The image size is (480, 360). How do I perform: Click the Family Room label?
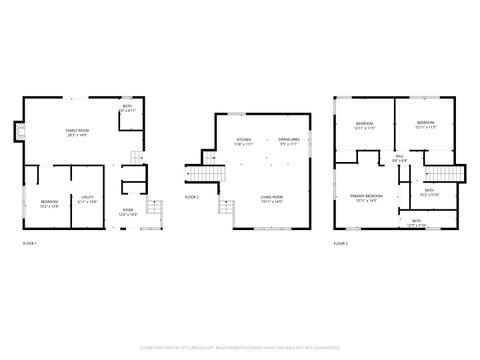tap(75, 130)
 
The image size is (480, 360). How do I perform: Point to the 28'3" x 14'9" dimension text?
tap(75, 136)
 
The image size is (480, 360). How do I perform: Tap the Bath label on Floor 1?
tap(127, 106)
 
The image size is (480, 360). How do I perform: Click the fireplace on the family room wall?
tap(16, 132)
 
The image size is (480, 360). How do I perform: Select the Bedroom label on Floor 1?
tap(50, 203)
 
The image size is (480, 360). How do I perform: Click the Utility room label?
tap(88, 198)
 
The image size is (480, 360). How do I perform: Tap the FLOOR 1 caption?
tap(31, 244)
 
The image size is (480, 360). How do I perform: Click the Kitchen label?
tap(244, 139)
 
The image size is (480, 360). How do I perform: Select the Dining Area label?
tap(290, 139)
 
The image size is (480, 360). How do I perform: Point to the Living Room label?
tap(272, 198)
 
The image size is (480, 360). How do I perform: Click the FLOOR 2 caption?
tap(192, 197)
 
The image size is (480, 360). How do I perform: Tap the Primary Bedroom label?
tap(366, 195)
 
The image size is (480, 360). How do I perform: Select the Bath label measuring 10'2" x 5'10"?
tap(429, 190)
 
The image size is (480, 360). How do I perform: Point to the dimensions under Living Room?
tap(272, 204)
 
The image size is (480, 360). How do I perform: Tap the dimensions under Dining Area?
tap(290, 145)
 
